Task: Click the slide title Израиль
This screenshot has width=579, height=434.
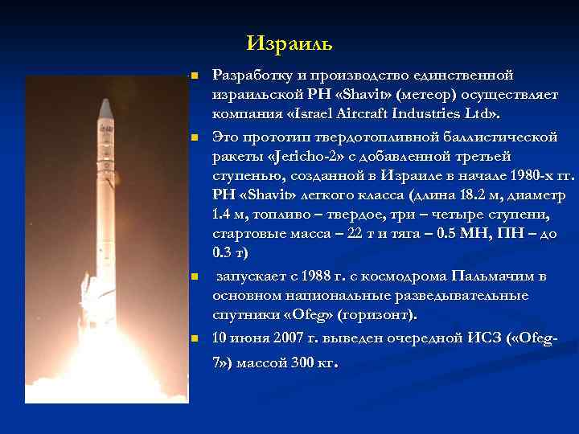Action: (289, 42)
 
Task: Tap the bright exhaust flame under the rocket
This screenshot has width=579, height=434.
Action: (96, 362)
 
